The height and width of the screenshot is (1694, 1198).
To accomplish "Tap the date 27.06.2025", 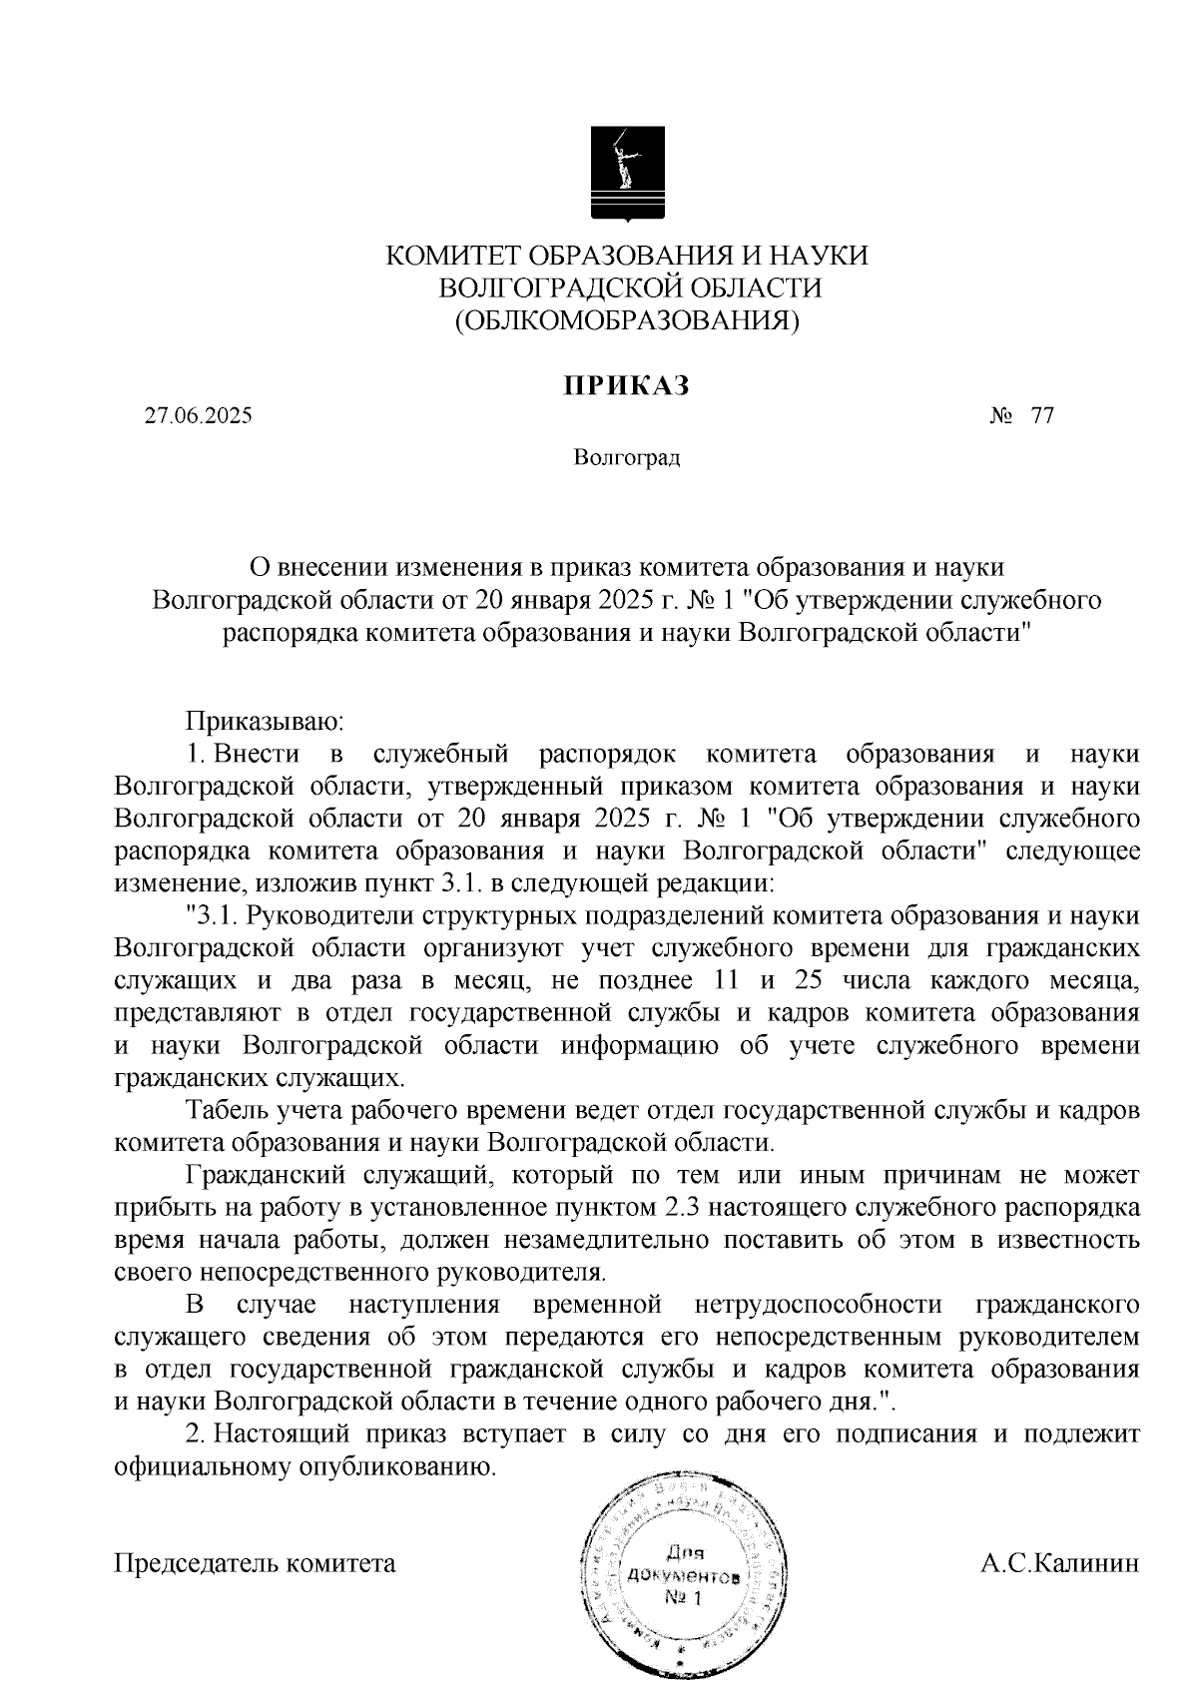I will pos(198,416).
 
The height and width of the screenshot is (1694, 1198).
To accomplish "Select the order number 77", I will pos(1042,416).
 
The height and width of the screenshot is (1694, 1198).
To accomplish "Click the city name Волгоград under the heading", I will pos(627,458).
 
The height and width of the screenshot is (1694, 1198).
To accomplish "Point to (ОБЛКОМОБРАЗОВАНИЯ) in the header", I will pos(627,320).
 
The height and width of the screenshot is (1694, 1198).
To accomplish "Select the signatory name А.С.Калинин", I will pos(1060,1562).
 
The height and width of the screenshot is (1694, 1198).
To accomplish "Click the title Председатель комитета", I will pos(256,1562).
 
